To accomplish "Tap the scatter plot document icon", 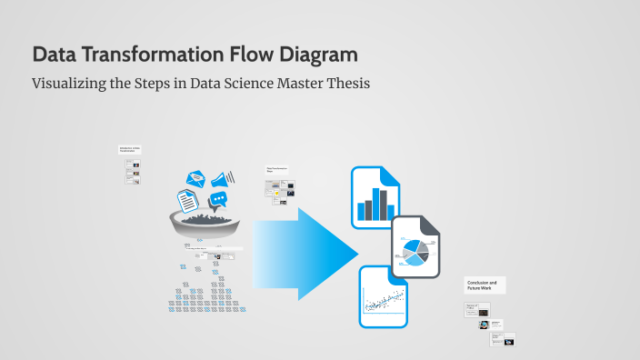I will (x=383, y=297).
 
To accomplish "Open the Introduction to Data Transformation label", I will (x=130, y=149).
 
